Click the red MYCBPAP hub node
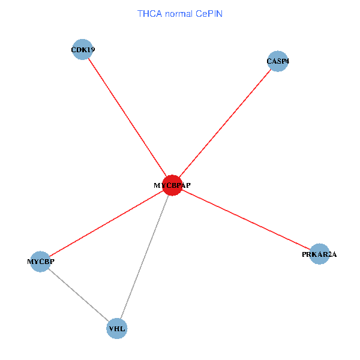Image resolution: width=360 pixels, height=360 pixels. click(x=172, y=185)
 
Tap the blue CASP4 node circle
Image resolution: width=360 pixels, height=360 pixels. click(x=278, y=61)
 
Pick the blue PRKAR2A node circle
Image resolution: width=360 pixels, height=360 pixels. click(x=320, y=254)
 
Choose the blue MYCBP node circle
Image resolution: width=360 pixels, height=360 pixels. click(x=40, y=261)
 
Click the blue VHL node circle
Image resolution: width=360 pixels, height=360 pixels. click(x=117, y=329)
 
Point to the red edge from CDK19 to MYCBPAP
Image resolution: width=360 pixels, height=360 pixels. click(x=127, y=117)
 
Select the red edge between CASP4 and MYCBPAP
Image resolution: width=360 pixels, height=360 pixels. click(x=225, y=123)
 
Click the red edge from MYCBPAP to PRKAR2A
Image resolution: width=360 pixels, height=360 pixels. click(x=246, y=220)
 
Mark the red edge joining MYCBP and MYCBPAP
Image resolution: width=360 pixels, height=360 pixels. click(x=106, y=223)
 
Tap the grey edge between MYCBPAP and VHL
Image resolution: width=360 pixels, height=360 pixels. click(x=145, y=257)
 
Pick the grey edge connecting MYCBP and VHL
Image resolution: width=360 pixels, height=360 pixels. click(x=78, y=295)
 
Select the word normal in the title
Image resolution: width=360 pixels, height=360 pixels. click(x=179, y=13)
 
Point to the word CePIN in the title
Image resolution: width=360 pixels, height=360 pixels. click(x=209, y=13)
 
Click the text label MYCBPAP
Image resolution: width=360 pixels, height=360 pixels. click(x=172, y=185)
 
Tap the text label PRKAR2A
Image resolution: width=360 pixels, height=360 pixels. click(x=320, y=254)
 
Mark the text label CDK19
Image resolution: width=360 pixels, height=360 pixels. click(x=83, y=50)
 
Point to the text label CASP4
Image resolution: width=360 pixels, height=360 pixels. click(x=278, y=61)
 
